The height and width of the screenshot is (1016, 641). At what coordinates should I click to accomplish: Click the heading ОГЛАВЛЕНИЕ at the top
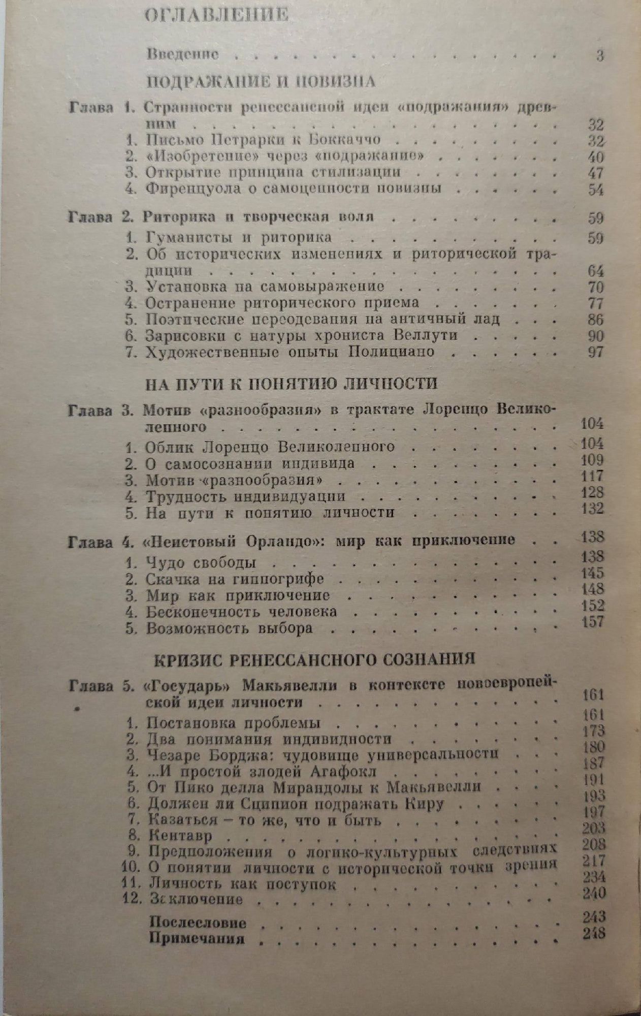pyautogui.click(x=216, y=15)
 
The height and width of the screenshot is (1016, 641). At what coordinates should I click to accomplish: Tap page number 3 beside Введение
pyautogui.click(x=600, y=55)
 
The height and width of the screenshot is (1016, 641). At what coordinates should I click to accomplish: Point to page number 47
pyautogui.click(x=595, y=173)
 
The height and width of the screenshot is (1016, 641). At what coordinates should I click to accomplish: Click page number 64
pyautogui.click(x=595, y=271)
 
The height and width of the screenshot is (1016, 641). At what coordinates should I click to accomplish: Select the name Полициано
pyautogui.click(x=391, y=352)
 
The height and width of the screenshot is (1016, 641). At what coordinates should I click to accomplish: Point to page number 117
pyautogui.click(x=592, y=476)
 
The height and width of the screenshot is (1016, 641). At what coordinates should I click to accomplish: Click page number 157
pyautogui.click(x=593, y=621)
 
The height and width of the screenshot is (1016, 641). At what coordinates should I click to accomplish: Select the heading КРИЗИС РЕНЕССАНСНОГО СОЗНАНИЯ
pyautogui.click(x=315, y=659)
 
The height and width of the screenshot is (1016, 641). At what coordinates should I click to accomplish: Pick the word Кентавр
pyautogui.click(x=181, y=836)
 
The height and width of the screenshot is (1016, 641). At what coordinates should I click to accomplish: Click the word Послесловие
pyautogui.click(x=198, y=923)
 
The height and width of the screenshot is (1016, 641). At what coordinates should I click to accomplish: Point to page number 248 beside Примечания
pyautogui.click(x=594, y=933)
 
